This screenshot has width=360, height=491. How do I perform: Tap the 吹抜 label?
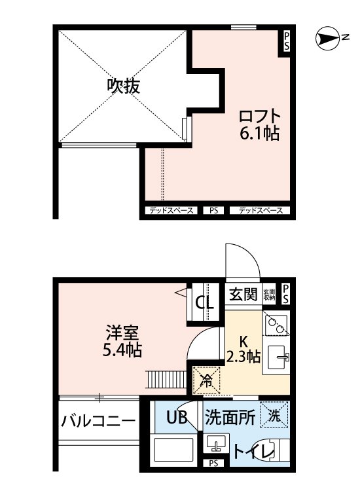pos(124,86)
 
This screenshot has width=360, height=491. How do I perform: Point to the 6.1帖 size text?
pos(260,134)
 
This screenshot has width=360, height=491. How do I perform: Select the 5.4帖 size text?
pos(122,350)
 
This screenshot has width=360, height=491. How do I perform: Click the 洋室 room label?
pos(122,331)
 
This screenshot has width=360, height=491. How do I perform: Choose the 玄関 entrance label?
pos(243,295)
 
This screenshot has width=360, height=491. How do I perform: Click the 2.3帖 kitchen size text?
pos(243,357)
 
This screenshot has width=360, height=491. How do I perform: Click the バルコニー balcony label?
pos(98,421)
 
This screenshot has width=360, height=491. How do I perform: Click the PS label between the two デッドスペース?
pos(213,211)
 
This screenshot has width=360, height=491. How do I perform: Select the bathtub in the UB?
pos(173,452)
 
